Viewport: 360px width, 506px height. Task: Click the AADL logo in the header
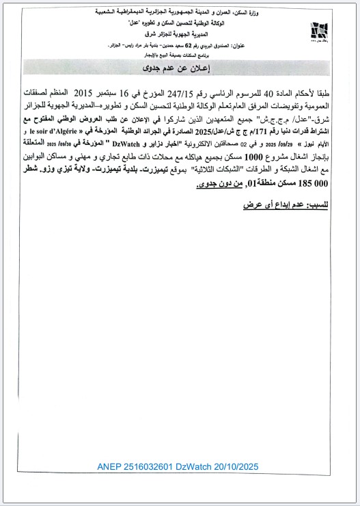[317, 31]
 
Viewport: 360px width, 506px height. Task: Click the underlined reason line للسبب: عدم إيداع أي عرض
[287, 204]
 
